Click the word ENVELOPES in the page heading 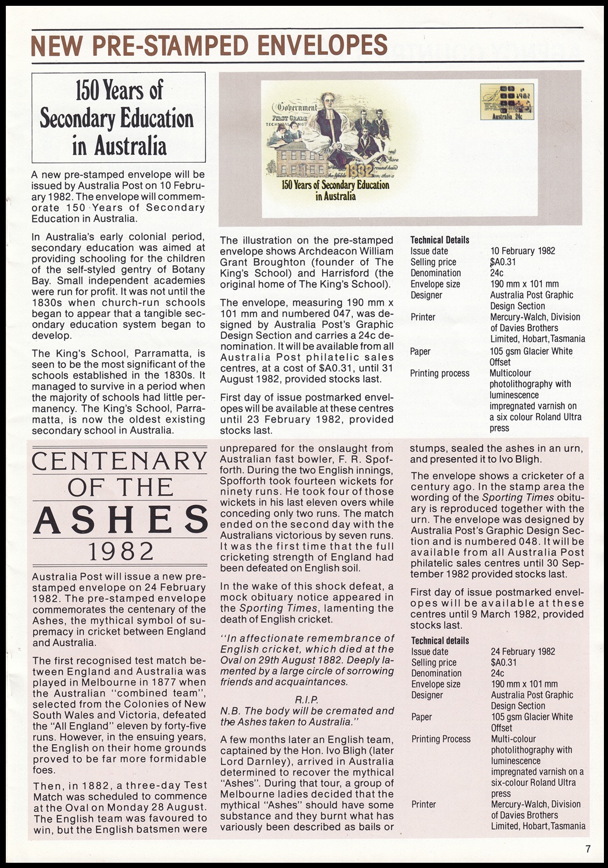321,45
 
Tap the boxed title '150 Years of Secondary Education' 118,117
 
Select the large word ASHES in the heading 120,519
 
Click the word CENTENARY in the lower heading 119,461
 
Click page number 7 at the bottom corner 588,849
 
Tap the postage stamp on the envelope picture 506,102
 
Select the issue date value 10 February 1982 523,251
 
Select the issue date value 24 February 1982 523,652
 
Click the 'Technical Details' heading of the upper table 439,240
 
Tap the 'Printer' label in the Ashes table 423,805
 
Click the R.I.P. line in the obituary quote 306,700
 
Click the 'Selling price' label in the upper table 433,262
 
